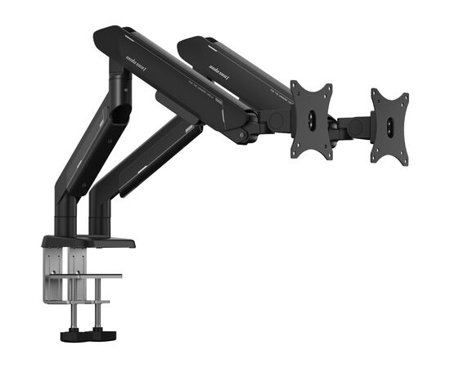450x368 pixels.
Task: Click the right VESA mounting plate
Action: click(390, 126)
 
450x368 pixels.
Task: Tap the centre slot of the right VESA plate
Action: click(391, 128)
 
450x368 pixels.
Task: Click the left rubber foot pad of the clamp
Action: click(70, 335)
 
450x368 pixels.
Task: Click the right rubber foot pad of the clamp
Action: click(100, 334)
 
